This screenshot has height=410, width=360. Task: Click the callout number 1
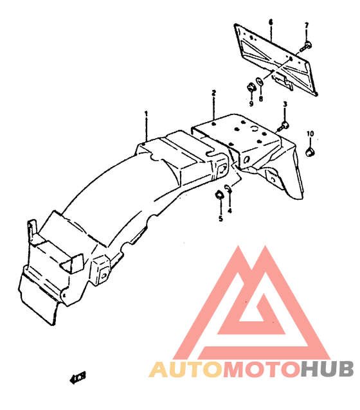[x=146, y=114]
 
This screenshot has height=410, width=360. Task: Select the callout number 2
[x=213, y=93]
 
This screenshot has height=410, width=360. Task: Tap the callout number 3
[x=285, y=104]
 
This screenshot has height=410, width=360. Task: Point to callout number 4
[x=230, y=210]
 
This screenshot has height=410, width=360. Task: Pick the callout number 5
[x=221, y=218]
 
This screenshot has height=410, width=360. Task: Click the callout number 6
[x=271, y=22]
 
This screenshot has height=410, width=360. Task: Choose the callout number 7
[x=307, y=26]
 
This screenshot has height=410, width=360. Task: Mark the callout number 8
[x=260, y=99]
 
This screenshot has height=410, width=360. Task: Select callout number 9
[x=251, y=104]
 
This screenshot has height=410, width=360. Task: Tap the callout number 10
[x=310, y=134]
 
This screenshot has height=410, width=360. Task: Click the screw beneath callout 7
[x=305, y=46]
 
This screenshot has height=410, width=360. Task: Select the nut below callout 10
[x=310, y=152]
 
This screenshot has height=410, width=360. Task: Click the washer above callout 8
[x=260, y=81]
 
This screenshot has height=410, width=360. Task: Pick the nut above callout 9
[x=251, y=87]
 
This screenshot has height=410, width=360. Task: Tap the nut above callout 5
[x=219, y=195]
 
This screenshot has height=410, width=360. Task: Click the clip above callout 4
[x=228, y=188]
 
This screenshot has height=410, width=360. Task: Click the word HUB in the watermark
[x=327, y=369]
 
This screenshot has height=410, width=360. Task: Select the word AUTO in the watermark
[x=186, y=369]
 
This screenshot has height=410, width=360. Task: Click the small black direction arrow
[x=78, y=378]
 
